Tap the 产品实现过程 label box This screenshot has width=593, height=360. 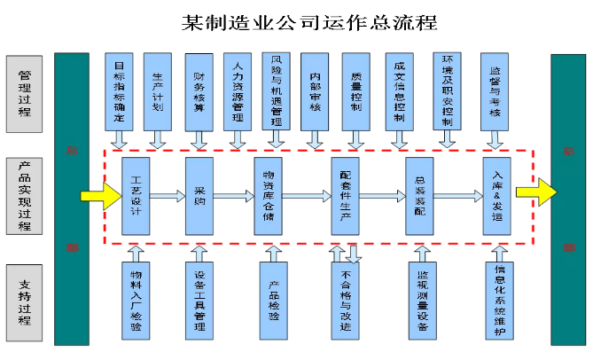pyautogui.click(x=26, y=196)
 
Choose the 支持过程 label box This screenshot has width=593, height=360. pyautogui.click(x=26, y=302)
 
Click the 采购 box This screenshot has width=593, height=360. pyautogui.click(x=199, y=196)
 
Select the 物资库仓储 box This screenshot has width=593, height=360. pyautogui.click(x=269, y=196)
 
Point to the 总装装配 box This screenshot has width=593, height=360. pyautogui.click(x=419, y=196)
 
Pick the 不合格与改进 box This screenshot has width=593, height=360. pyautogui.click(x=345, y=302)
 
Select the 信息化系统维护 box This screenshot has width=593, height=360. pyautogui.click(x=500, y=301)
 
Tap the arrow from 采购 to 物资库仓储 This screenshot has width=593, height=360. pyautogui.click(x=234, y=196)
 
